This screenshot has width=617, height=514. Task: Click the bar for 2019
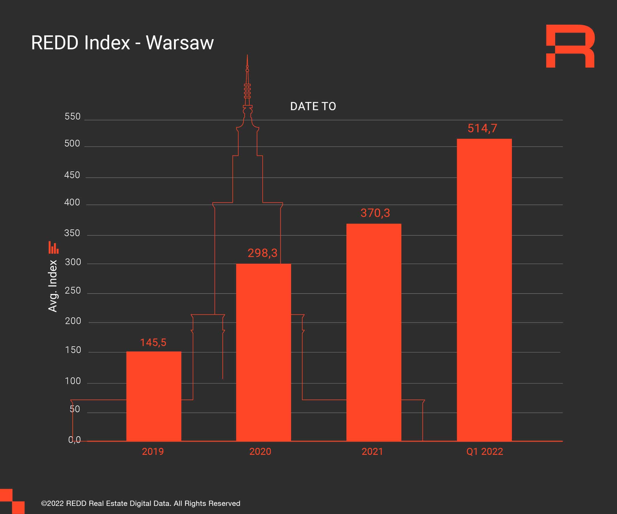pyautogui.click(x=154, y=396)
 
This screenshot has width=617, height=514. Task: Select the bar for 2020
pyautogui.click(x=264, y=352)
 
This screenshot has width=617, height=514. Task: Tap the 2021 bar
pyautogui.click(x=374, y=332)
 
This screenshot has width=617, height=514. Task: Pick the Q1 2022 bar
pyautogui.click(x=484, y=289)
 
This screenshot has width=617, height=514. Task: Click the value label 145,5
pyautogui.click(x=153, y=343)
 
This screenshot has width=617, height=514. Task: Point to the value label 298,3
pyautogui.click(x=262, y=253)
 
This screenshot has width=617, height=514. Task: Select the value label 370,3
pyautogui.click(x=375, y=213)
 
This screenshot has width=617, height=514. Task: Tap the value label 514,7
pyautogui.click(x=482, y=128)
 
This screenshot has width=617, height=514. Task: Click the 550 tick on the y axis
pyautogui.click(x=73, y=116)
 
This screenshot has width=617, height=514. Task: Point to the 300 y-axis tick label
pyautogui.click(x=73, y=262)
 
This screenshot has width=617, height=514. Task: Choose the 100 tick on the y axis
pyautogui.click(x=73, y=381)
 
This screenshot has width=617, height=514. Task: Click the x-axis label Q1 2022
pyautogui.click(x=484, y=451)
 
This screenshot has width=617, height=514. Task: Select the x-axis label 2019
pyautogui.click(x=153, y=451)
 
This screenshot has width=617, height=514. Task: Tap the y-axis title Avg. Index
pyautogui.click(x=53, y=286)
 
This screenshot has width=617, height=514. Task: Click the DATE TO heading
pyautogui.click(x=313, y=106)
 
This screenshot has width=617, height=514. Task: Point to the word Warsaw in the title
pyautogui.click(x=180, y=43)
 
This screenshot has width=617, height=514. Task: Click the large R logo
pyautogui.click(x=570, y=46)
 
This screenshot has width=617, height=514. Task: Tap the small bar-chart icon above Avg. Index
pyautogui.click(x=53, y=247)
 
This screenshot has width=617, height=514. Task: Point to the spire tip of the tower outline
pyautogui.click(x=247, y=55)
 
